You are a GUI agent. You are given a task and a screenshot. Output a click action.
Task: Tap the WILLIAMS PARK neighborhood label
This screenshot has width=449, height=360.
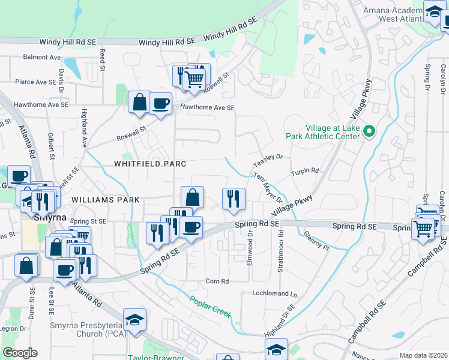(105, 199)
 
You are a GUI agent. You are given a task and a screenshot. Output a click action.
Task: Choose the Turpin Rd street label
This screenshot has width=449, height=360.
(305, 172)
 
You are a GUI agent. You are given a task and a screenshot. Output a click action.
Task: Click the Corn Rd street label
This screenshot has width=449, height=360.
(217, 281)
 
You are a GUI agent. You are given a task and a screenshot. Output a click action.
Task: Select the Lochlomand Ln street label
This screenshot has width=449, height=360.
(275, 295)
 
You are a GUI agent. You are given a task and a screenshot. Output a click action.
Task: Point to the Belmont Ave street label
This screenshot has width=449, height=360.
(42, 58)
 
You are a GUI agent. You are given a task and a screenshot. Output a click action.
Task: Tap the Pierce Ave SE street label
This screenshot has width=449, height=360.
(35, 82)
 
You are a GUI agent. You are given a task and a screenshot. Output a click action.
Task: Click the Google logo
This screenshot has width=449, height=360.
(20, 352)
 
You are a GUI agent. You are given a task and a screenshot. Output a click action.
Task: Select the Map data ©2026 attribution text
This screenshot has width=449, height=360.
(423, 355)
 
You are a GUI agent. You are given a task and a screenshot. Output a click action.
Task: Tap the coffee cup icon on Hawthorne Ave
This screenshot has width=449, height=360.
(160, 103)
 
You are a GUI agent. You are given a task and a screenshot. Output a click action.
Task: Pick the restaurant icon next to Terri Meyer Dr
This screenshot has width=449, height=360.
(234, 198)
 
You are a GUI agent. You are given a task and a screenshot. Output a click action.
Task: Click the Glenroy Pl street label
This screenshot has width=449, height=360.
(316, 242)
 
